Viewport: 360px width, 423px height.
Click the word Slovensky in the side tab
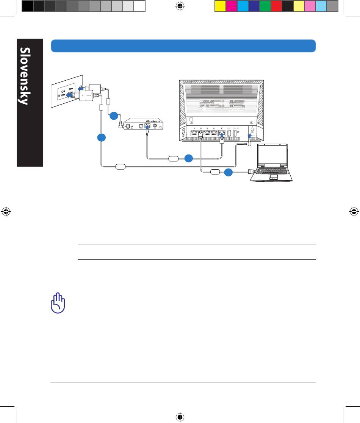coord(25,76)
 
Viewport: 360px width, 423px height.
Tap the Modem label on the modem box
coord(153,122)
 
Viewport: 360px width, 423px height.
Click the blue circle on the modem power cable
coord(114,116)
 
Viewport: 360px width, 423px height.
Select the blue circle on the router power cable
coord(102,137)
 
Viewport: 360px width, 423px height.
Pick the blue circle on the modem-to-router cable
coord(189,158)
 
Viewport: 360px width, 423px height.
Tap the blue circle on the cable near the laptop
coord(228,172)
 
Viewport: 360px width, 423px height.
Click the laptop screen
coord(272,155)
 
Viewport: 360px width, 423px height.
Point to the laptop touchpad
coord(274,177)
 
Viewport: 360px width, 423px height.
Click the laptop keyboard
coord(272,171)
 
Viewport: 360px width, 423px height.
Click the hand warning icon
coord(58,303)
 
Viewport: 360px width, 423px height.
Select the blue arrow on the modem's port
coord(147,128)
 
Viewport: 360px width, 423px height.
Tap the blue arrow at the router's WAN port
coord(222,135)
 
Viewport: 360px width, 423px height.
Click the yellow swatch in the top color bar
coord(221,6)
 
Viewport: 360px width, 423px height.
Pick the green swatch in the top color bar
coord(265,6)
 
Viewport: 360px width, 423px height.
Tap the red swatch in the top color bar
coord(276,6)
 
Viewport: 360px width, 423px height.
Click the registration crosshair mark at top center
coord(180,6)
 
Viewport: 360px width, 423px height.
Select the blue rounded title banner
coord(183,46)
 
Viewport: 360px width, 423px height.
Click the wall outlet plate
coord(67,91)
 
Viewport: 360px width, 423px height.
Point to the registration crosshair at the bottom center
coord(180,417)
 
